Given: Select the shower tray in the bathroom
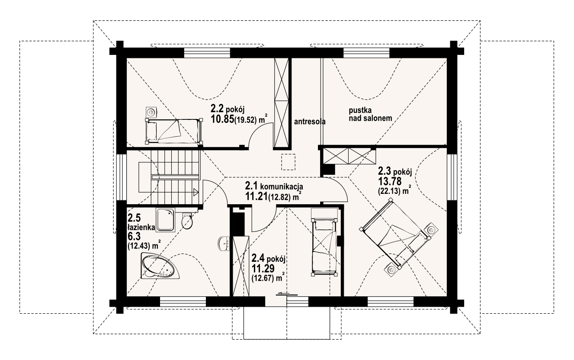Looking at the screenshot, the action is pos(166,220).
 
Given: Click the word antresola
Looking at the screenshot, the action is pos(310,122).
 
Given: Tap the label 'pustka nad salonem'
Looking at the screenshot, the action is pos(370,114).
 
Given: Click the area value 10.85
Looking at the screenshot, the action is pos(222,119).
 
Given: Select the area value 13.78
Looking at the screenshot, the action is pos(390,181).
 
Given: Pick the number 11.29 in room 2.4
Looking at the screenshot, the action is pos(263,269).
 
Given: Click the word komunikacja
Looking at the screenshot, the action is pos(282,186).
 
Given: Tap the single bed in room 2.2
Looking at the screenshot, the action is pos(174,131).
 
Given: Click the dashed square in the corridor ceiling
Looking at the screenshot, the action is pos(288,162).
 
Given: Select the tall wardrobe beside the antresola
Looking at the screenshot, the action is pos(281,103).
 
